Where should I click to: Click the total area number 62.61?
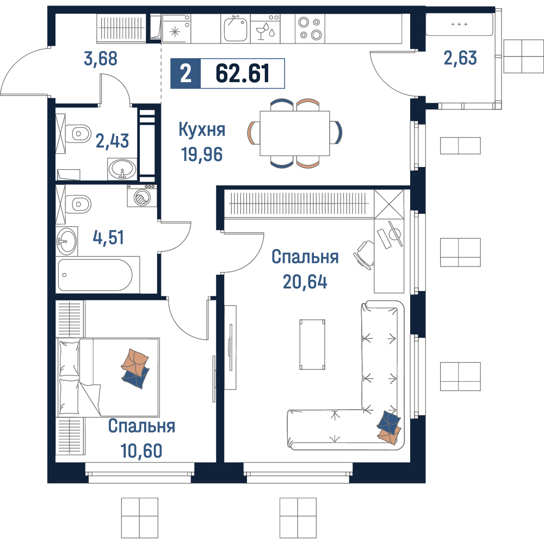(x=242, y=73)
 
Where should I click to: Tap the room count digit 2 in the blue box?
(x=186, y=73)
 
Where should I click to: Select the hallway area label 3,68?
(x=101, y=59)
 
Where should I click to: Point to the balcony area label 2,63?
(x=460, y=58)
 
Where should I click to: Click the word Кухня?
(x=202, y=129)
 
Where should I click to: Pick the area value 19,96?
(x=202, y=154)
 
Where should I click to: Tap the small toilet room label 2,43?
(x=112, y=141)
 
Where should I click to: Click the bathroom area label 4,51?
(x=108, y=238)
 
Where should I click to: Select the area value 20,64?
(x=305, y=281)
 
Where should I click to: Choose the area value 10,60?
(x=141, y=450)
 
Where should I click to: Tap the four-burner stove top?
(x=310, y=28)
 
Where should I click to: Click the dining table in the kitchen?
(x=295, y=133)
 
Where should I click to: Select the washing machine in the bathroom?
(x=141, y=196)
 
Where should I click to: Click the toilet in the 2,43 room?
(x=78, y=133)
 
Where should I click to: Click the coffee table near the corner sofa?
(x=312, y=344)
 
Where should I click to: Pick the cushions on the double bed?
(x=135, y=368)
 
